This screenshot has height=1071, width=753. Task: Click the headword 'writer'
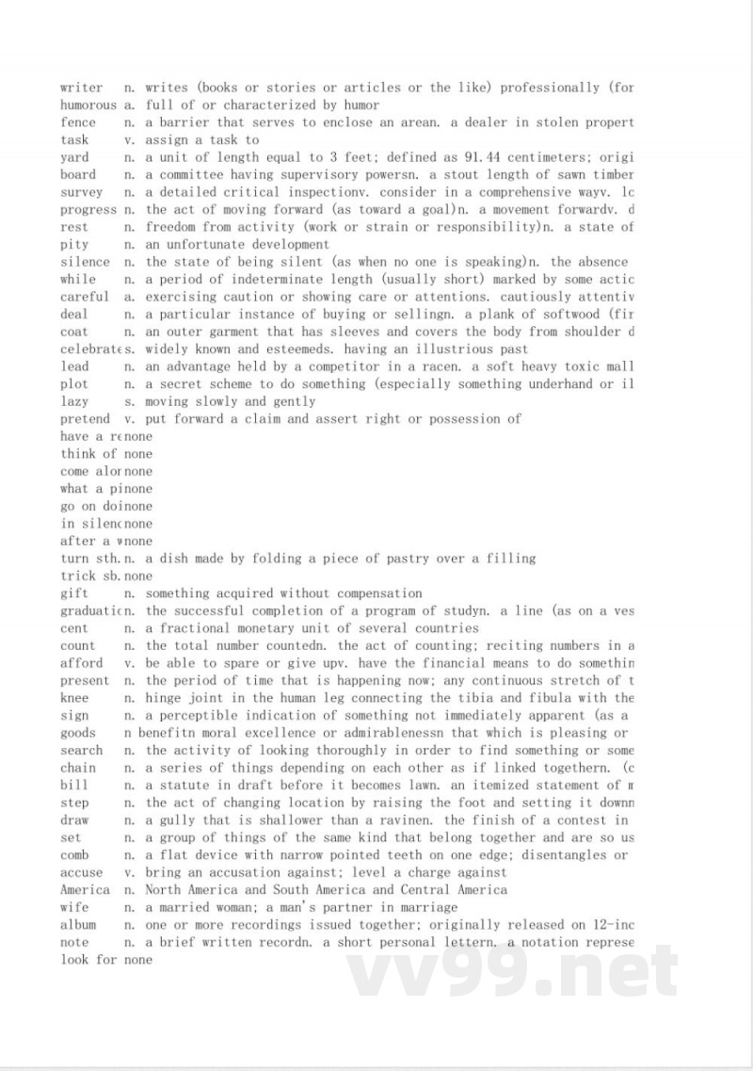coord(81,88)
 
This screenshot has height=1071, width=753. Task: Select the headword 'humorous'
coord(88,105)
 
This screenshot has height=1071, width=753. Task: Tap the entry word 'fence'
coord(78,122)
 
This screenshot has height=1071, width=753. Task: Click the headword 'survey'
coord(81,192)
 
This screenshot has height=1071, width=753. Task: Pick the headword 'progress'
coord(88,209)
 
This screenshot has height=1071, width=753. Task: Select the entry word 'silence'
coord(85,262)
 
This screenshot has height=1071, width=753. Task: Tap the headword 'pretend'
coord(85,419)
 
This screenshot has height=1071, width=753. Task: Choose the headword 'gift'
coord(74,593)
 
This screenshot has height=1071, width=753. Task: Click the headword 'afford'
coord(81,663)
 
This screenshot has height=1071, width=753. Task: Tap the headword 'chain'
coord(78,768)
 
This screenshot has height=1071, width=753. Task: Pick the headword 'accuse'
coord(81,872)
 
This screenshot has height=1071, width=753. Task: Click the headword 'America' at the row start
coord(85,890)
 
